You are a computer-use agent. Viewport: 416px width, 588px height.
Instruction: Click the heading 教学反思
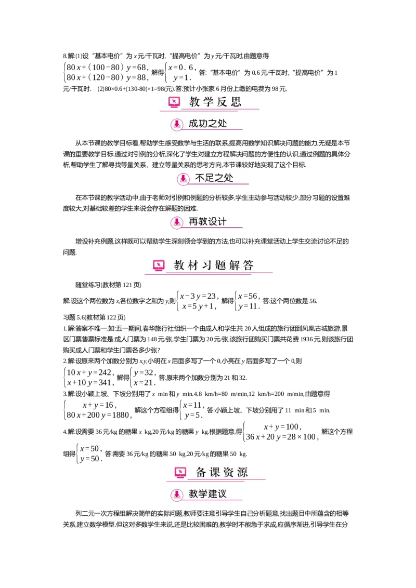(x=215, y=102)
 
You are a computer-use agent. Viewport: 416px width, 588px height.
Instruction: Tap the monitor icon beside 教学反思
(x=174, y=102)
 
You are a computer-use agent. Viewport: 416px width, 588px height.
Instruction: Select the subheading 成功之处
(x=207, y=124)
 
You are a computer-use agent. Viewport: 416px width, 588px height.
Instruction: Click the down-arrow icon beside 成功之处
(x=177, y=124)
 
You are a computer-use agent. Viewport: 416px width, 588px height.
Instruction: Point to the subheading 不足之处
(x=214, y=178)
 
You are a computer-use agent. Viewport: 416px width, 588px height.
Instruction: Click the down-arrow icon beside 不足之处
(x=183, y=179)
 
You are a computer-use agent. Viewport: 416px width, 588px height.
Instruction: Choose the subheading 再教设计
(x=207, y=222)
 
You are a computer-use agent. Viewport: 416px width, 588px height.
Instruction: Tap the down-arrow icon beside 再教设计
(x=177, y=222)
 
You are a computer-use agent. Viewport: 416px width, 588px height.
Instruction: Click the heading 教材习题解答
(x=213, y=265)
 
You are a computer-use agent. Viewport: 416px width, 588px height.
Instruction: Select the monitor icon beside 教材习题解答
(x=159, y=265)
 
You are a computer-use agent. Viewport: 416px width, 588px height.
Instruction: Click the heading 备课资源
(x=222, y=472)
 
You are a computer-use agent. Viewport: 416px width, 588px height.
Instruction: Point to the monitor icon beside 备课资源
(x=180, y=472)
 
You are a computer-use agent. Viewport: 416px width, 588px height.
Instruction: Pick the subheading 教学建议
(x=207, y=493)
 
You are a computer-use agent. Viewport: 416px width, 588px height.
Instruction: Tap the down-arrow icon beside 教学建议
(x=177, y=495)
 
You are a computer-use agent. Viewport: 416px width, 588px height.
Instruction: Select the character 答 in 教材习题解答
(x=248, y=265)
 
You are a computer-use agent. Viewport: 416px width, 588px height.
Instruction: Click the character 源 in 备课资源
(x=242, y=472)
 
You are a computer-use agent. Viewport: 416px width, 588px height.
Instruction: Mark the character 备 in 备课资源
(x=201, y=472)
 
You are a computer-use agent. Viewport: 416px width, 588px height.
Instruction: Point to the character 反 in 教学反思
(x=222, y=102)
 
